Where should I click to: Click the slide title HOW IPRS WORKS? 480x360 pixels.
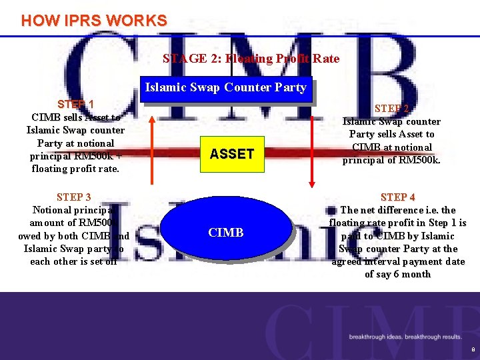(94, 20)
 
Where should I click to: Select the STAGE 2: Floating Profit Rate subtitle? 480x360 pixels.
(251, 59)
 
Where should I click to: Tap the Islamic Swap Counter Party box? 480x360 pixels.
(225, 87)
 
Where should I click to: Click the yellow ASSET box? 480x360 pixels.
(231, 154)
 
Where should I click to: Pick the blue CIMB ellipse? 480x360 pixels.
(226, 232)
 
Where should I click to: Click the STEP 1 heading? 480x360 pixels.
(75, 104)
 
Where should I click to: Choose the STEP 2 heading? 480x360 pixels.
(391, 108)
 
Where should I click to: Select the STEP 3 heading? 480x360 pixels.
(74, 197)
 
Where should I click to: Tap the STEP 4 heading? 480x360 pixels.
(397, 197)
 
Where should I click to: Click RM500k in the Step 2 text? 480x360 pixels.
(419, 160)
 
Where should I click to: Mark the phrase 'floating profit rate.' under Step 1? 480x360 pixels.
(75, 169)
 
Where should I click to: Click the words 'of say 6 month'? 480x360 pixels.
(397, 274)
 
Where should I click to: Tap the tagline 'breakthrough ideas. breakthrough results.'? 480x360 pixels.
(405, 337)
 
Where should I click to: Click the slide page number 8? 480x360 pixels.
(472, 349)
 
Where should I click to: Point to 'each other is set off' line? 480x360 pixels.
(74, 261)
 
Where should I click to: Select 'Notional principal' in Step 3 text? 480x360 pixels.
(74, 210)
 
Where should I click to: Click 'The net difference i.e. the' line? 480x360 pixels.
(397, 210)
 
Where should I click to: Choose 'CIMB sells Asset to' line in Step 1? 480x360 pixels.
(75, 117)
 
